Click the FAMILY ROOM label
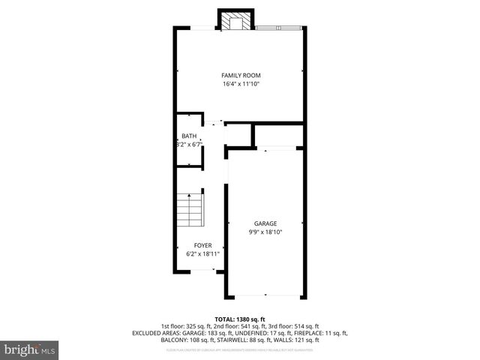pyautogui.click(x=240, y=75)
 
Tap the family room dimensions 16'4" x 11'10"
pyautogui.click(x=240, y=84)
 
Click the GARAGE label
pyautogui.click(x=265, y=223)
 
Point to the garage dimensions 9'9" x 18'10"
pyautogui.click(x=265, y=232)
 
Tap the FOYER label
pyautogui.click(x=202, y=245)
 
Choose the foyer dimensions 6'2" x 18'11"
pyautogui.click(x=202, y=254)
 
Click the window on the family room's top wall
pyautogui.click(x=278, y=29)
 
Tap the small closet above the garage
pyautogui.click(x=277, y=134)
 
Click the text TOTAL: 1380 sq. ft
pyautogui.click(x=240, y=319)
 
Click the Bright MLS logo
pyautogui.click(x=30, y=349)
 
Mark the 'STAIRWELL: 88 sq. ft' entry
pyautogui.click(x=245, y=340)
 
